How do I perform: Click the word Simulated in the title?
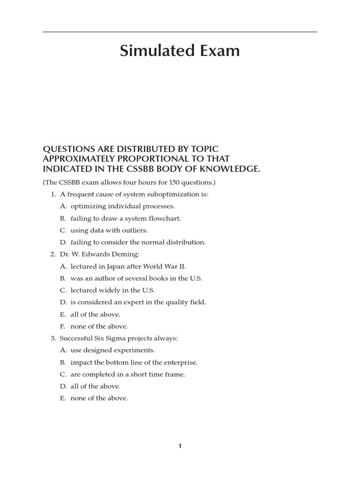tap(153, 51)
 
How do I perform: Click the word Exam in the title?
tap(218, 51)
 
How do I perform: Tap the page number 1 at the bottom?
tap(180, 446)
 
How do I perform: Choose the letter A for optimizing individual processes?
tap(63, 206)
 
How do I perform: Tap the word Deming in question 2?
tap(128, 255)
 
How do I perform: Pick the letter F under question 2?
tap(63, 326)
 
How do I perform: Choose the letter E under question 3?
tap(63, 398)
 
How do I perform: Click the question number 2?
tap(52, 255)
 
